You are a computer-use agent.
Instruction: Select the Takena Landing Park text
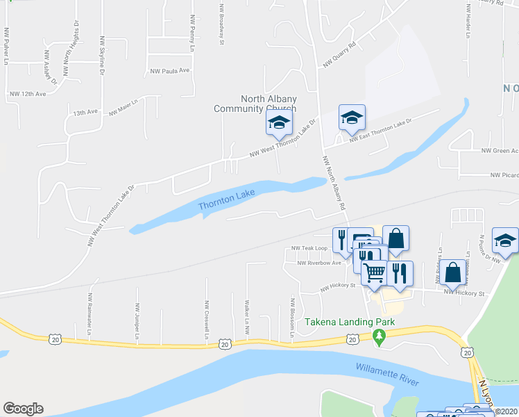(x=350, y=322)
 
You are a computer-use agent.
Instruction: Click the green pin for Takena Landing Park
(x=379, y=338)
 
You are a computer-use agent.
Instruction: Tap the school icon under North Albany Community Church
(x=279, y=123)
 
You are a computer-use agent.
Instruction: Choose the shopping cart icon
(x=374, y=272)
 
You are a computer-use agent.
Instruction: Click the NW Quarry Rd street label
(x=339, y=55)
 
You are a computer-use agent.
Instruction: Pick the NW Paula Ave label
(x=170, y=71)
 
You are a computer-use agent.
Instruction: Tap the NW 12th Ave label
(x=28, y=93)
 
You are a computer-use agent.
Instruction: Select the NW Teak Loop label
(x=309, y=248)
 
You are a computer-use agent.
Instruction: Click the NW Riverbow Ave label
(x=319, y=263)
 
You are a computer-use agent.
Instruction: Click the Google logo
(x=23, y=409)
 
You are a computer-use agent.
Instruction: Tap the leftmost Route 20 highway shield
(x=55, y=338)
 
